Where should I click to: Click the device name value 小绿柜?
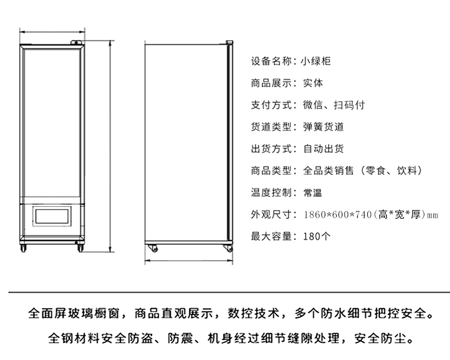[x=316, y=61]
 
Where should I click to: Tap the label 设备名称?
[x=272, y=61]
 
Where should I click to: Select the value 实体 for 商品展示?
[x=313, y=83]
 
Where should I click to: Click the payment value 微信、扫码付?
[x=334, y=105]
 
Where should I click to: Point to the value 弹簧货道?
[x=324, y=127]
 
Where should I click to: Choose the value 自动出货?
[x=324, y=149]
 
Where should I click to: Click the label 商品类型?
[x=272, y=170]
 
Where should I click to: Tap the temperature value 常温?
[x=313, y=193]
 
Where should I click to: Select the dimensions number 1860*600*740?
[x=338, y=214]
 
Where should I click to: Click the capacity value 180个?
[x=317, y=236]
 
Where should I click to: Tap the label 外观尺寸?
[x=272, y=214]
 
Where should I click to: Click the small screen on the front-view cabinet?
[x=52, y=216]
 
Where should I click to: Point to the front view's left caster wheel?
[x=23, y=248]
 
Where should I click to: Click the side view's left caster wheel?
[x=153, y=248]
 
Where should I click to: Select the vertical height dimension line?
[x=111, y=146]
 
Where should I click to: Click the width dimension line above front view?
[x=52, y=32]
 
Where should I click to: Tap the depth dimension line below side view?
[x=189, y=261]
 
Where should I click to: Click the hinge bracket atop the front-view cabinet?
[x=77, y=42]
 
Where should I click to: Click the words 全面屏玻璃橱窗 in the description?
[x=73, y=313]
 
